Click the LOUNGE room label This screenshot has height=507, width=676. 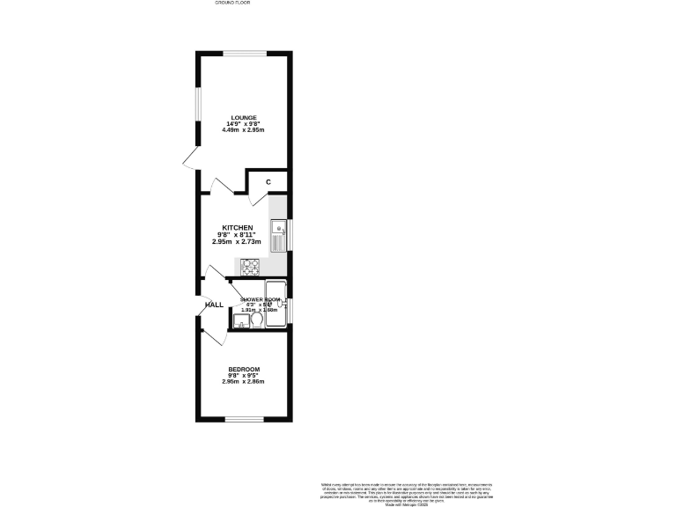[x=244, y=117]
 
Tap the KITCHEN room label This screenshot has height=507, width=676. [x=238, y=227]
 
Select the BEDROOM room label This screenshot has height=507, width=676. [x=244, y=369]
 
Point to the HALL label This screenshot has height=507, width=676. [x=214, y=305]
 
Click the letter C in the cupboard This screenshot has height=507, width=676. [x=268, y=182]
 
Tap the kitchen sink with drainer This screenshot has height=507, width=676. [x=278, y=235]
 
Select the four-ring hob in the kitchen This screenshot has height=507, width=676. [x=250, y=265]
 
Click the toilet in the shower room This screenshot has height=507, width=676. [x=256, y=321]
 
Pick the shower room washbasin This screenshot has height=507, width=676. [x=240, y=320]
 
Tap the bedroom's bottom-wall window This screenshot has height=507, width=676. [x=244, y=420]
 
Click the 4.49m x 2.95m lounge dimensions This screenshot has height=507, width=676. [x=244, y=130]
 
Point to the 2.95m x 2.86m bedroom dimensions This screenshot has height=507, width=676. [x=244, y=382]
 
